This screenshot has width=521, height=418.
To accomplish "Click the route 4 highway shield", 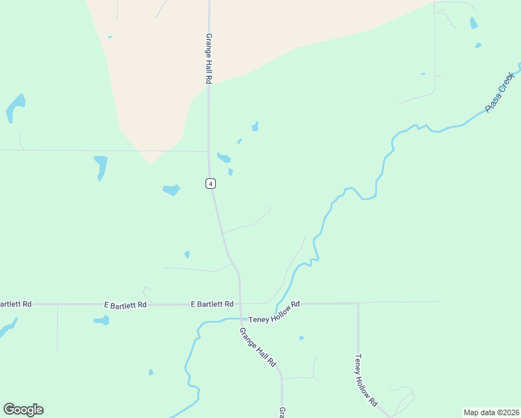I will pos(210,183).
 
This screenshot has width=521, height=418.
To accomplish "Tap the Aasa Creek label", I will pos(500,92).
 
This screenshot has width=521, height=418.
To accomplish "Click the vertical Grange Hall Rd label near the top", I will pos(208,59).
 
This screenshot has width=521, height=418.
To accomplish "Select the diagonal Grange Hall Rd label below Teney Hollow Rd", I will pos(258,348).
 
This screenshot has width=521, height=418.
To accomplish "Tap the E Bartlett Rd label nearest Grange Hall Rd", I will pos(212,304).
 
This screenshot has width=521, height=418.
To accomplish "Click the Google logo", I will pos(23,410).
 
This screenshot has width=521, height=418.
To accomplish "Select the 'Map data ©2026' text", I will pos(491,412).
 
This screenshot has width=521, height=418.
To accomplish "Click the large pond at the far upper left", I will pos(15,107).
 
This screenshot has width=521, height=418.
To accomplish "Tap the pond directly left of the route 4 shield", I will pos(171,189).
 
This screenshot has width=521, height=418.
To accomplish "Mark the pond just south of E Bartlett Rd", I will pos(102,320).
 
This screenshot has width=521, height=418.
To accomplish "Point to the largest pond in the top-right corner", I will pos(474,23).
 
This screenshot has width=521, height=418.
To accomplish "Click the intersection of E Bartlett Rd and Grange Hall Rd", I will pos(240,304).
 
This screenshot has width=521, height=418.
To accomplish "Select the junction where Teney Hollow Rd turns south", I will pos(358,303).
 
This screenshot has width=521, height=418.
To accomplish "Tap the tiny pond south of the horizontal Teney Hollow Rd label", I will pos(301,339).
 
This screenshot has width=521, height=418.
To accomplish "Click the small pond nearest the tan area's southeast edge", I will pos(255,126).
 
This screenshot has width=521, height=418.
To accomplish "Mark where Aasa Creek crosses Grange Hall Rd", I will pos(240,320).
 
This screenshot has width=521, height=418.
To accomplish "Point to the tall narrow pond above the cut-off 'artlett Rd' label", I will pos(100,167).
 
